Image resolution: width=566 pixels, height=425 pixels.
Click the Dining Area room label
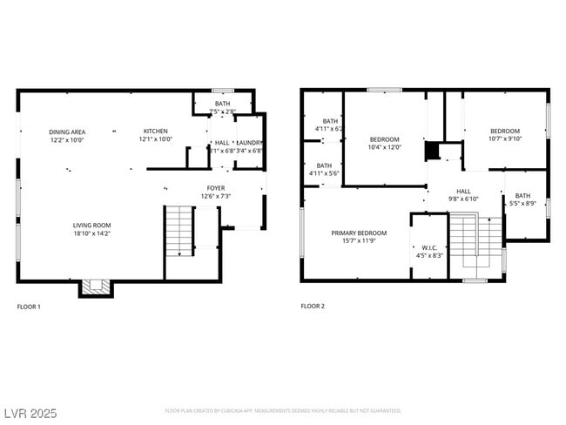[x=66, y=135]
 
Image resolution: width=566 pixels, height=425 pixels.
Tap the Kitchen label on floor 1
[x=157, y=135]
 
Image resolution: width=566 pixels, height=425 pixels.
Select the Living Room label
[x=91, y=229]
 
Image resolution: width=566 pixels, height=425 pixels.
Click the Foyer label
[x=215, y=192]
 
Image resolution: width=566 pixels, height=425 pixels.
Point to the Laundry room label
[x=249, y=146]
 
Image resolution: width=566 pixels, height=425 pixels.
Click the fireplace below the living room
[x=96, y=287]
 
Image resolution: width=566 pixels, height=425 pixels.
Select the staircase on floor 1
[x=179, y=231]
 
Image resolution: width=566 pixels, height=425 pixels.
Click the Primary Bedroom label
[x=358, y=237]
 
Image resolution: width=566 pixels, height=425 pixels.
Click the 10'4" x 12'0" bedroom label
[x=384, y=143]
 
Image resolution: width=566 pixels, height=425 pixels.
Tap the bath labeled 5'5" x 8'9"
[x=522, y=199]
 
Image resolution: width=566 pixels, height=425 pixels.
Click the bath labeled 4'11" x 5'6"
[x=323, y=169]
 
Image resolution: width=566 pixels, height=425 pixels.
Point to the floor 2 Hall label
[x=463, y=194]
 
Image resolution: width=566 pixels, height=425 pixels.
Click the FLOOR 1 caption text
[x=29, y=307]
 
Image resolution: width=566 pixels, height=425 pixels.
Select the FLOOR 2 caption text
[x=313, y=307]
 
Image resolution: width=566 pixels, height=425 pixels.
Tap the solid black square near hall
[x=432, y=151]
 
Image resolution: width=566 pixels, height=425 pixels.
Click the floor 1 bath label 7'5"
[x=225, y=108]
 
